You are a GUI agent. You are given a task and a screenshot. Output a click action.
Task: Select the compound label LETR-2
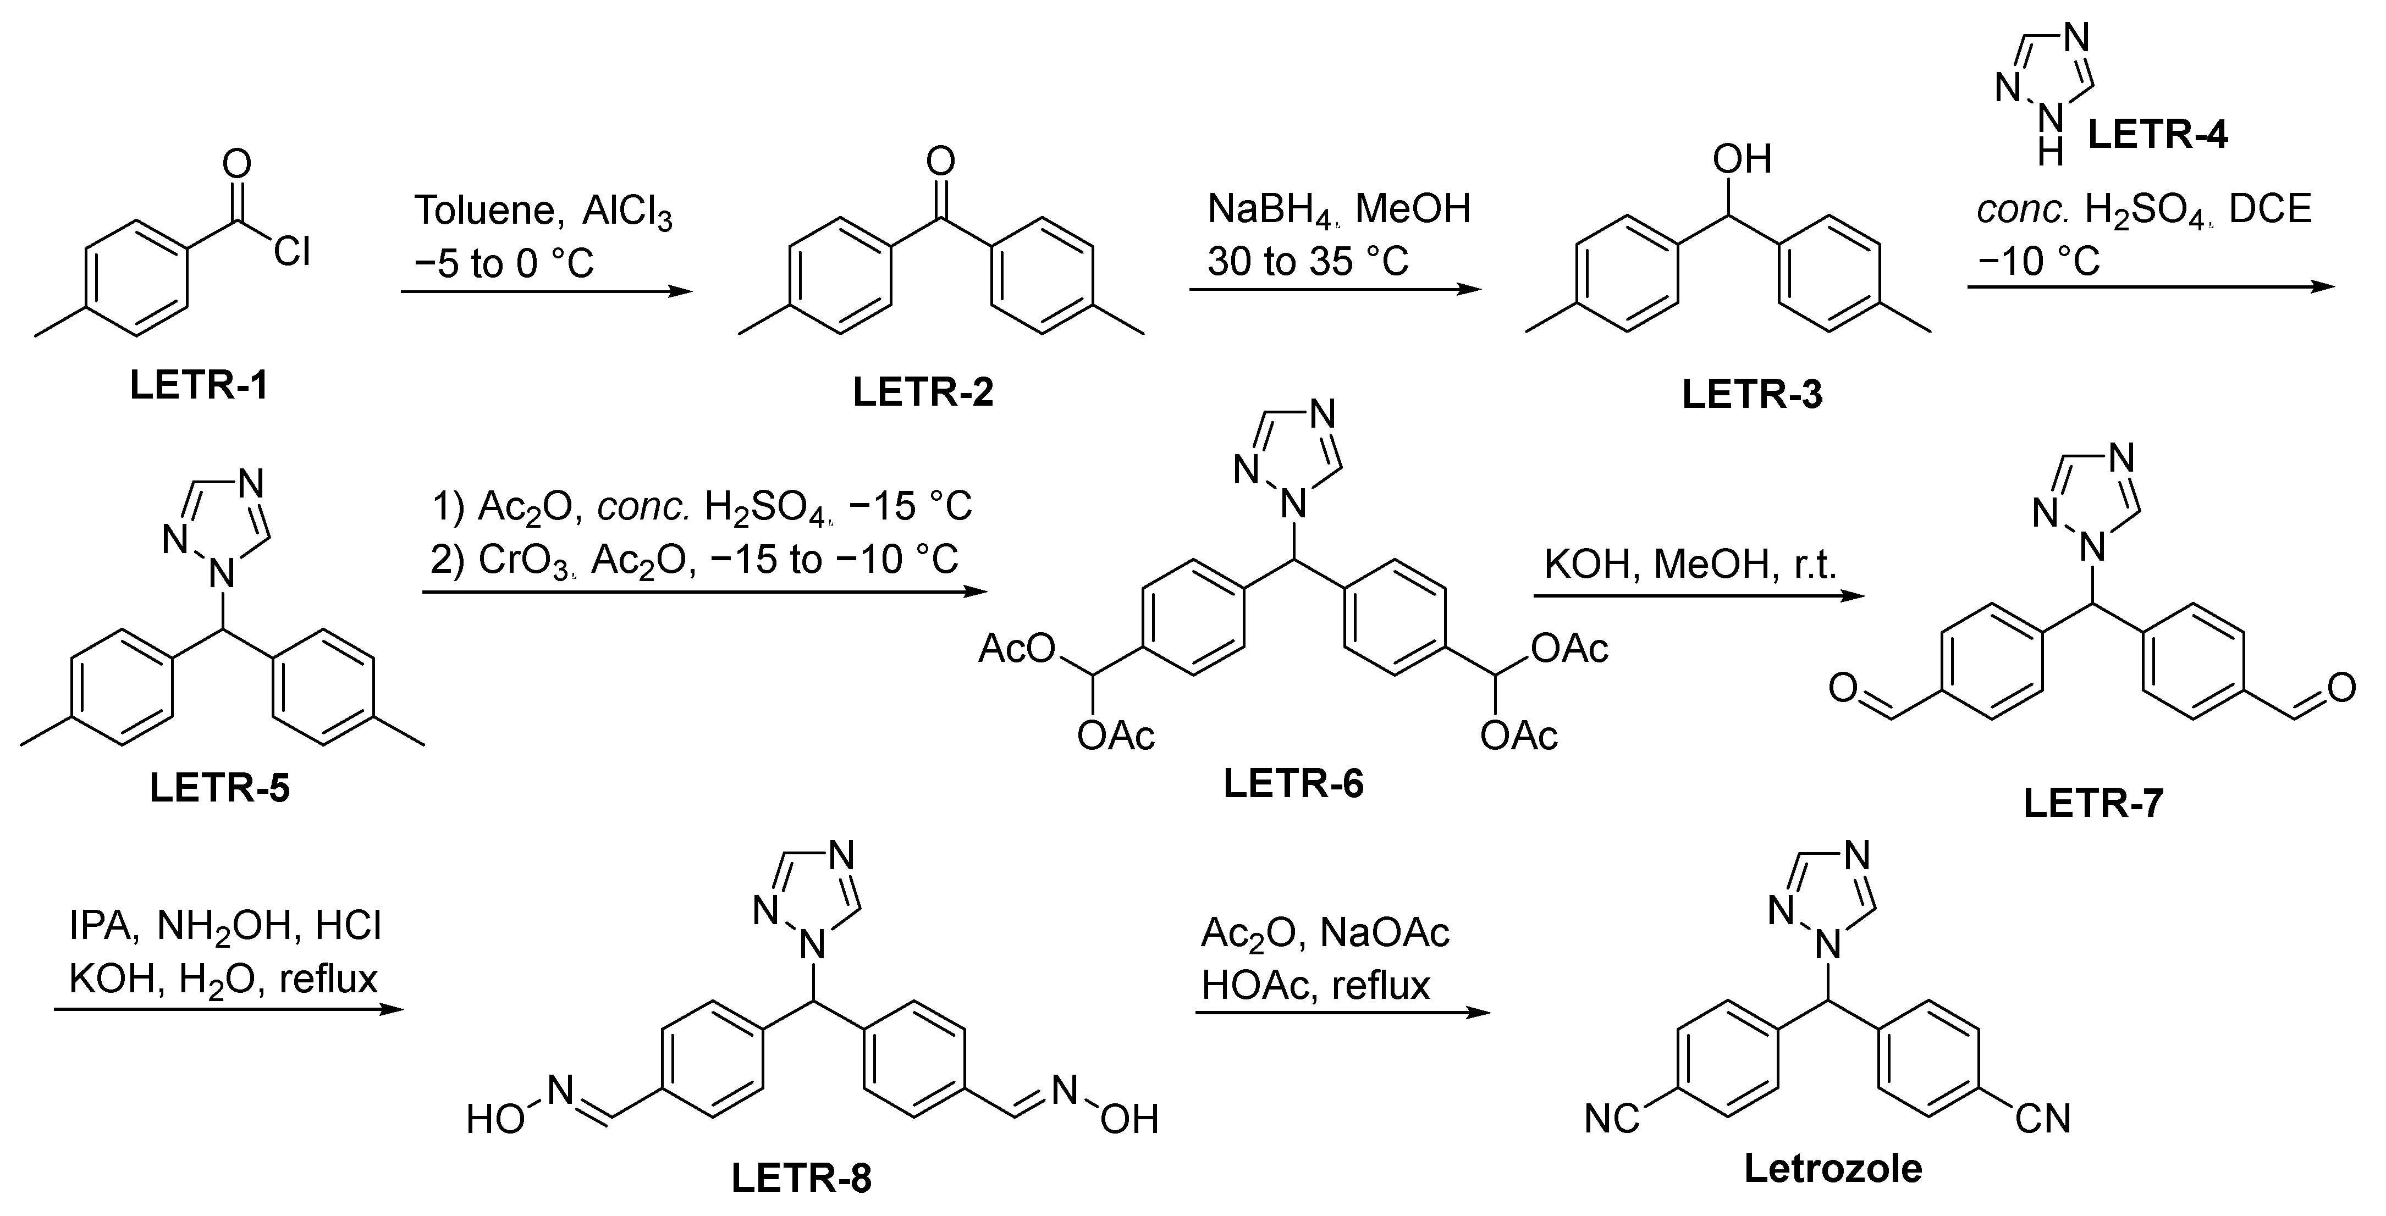point(923,392)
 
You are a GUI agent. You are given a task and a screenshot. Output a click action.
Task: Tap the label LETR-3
point(1751,395)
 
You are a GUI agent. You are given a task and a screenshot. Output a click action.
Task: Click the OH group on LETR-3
point(1742,159)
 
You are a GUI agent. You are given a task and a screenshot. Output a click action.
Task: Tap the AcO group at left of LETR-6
point(1016,649)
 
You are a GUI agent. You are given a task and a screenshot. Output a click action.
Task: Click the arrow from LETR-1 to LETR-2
point(547,292)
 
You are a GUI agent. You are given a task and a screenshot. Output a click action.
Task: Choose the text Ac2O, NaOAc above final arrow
point(1325,932)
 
